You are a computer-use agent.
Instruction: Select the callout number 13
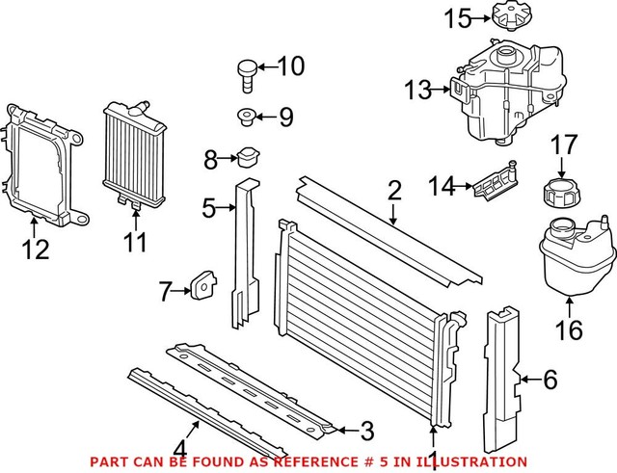(419, 91)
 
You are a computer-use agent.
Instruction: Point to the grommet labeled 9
(246, 118)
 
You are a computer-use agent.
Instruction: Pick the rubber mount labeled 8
(250, 156)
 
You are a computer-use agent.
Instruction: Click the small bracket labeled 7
(202, 285)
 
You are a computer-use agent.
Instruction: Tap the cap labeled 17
(561, 188)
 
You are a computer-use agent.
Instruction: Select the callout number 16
(569, 331)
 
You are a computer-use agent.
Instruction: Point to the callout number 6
(550, 380)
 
